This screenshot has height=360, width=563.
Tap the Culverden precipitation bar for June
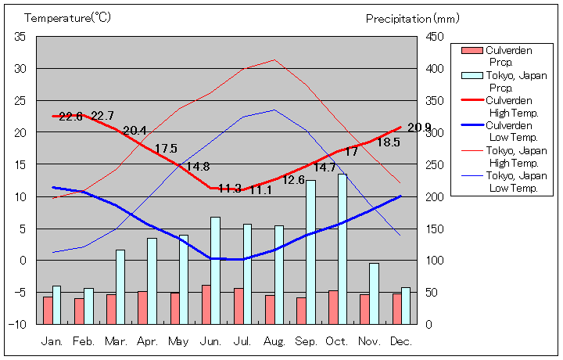tap(206, 304)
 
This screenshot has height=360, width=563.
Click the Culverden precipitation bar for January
tap(48, 310)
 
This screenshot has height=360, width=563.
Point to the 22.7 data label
tap(102, 117)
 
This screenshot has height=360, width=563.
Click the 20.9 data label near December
tap(419, 128)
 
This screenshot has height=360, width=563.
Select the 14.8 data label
tap(197, 167)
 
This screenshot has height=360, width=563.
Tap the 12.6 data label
tap(293, 180)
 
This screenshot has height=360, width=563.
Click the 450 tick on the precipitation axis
tap(435, 37)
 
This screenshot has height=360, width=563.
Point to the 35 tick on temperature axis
tap(20, 37)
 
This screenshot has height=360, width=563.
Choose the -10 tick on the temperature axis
tap(18, 323)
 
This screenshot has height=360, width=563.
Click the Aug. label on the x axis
tap(274, 342)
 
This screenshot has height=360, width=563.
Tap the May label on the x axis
tap(179, 342)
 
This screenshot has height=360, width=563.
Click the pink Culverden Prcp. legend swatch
tap(472, 51)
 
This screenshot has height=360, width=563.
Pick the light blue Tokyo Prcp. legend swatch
tap(472, 76)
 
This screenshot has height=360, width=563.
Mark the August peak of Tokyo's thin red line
tap(274, 59)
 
